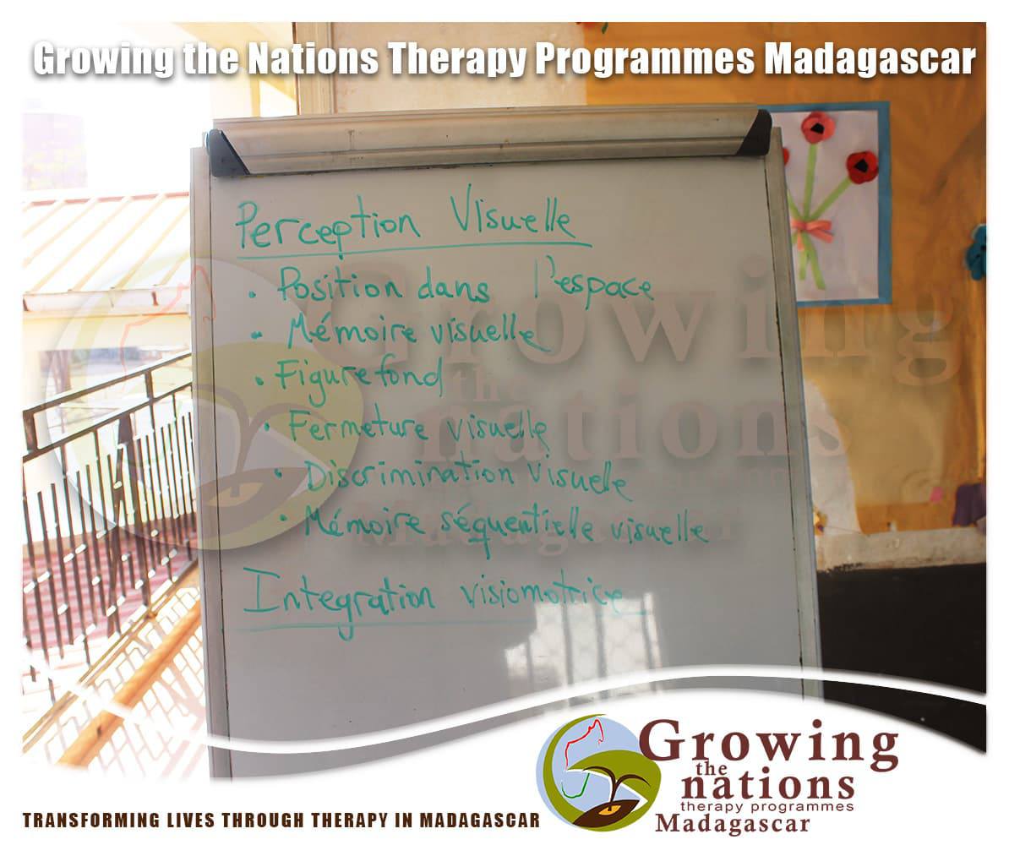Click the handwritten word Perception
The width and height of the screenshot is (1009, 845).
coord(328,226)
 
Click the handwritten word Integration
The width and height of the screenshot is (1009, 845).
coord(339,598)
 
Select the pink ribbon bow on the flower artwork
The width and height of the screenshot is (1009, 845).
coord(811,229)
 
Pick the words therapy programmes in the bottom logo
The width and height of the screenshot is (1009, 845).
coord(767,806)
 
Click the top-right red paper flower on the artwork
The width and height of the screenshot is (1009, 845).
coord(862,166)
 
